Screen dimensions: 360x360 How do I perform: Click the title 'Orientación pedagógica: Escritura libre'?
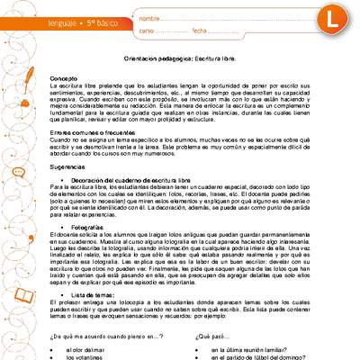pyautogui.click(x=179, y=57)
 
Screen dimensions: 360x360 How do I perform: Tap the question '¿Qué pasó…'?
pyautogui.click(x=211, y=336)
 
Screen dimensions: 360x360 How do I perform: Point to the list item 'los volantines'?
pyautogui.click(x=90, y=357)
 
